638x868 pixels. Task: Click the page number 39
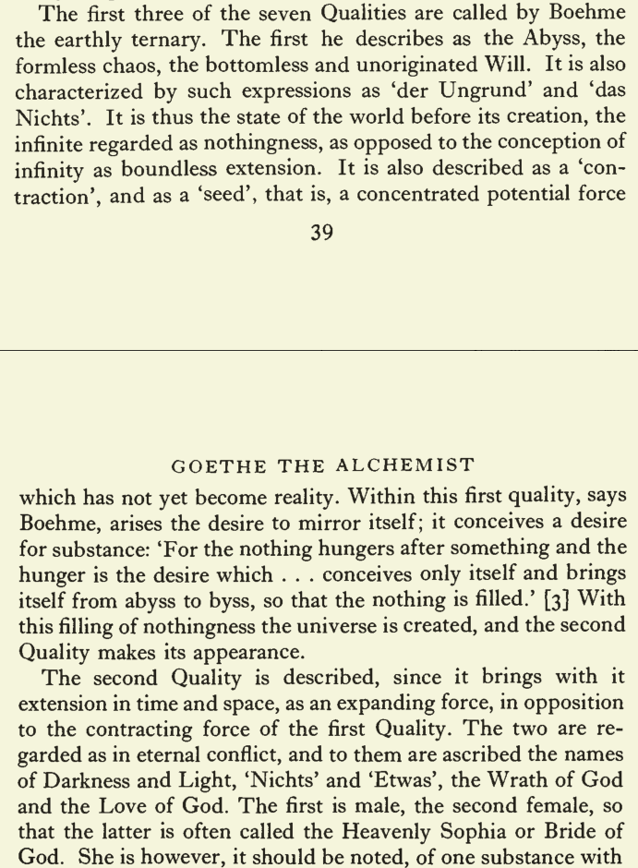pyautogui.click(x=321, y=233)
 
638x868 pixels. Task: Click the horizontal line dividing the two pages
pyautogui.click(x=319, y=350)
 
